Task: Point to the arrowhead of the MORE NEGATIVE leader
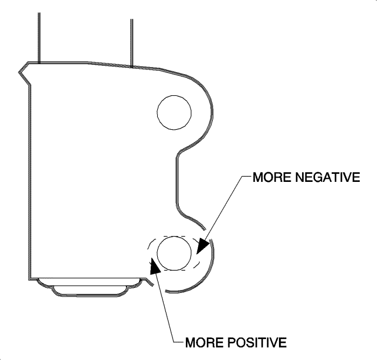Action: [201, 245]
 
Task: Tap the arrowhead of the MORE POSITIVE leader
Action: [155, 266]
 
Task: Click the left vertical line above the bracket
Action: [39, 38]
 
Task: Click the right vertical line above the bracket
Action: [132, 43]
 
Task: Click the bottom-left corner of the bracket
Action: [29, 279]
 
